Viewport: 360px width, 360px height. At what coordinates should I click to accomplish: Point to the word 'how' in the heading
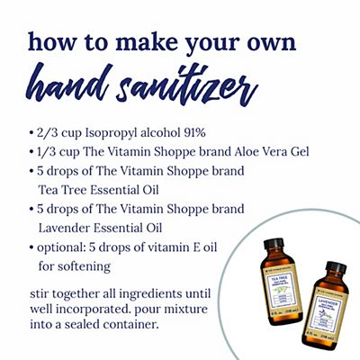pos(48,43)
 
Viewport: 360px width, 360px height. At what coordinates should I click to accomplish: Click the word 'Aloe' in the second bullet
pos(252,151)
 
